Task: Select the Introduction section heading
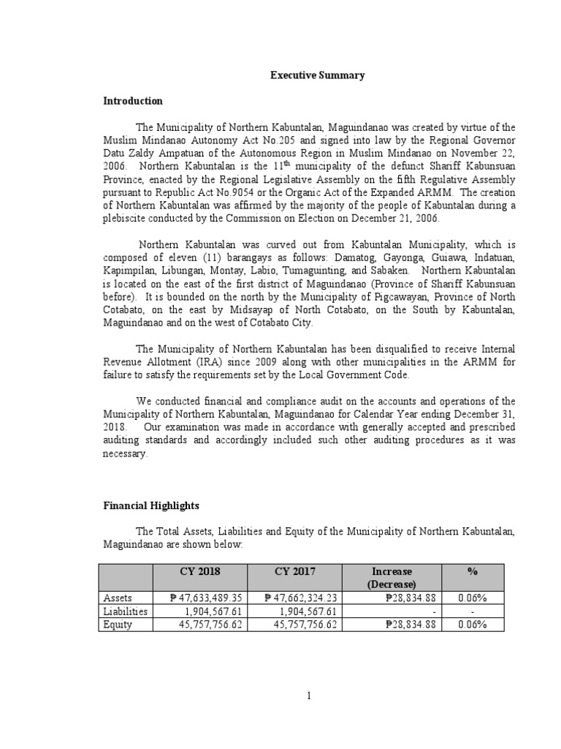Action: pyautogui.click(x=132, y=101)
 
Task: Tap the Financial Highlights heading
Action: pyautogui.click(x=150, y=505)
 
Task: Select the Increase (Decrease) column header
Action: pyautogui.click(x=392, y=577)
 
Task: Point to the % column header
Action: pyautogui.click(x=482, y=571)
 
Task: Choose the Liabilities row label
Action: pyautogui.click(x=125, y=611)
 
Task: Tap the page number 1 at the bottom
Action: pyautogui.click(x=309, y=696)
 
